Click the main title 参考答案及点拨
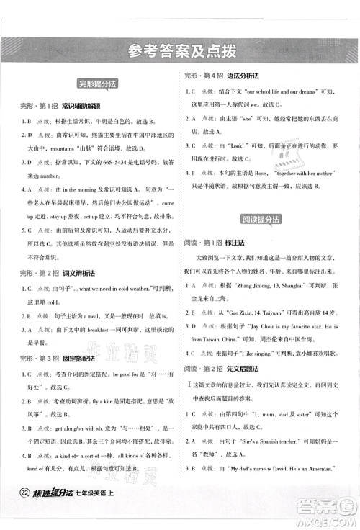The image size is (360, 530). (x=180, y=50)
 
